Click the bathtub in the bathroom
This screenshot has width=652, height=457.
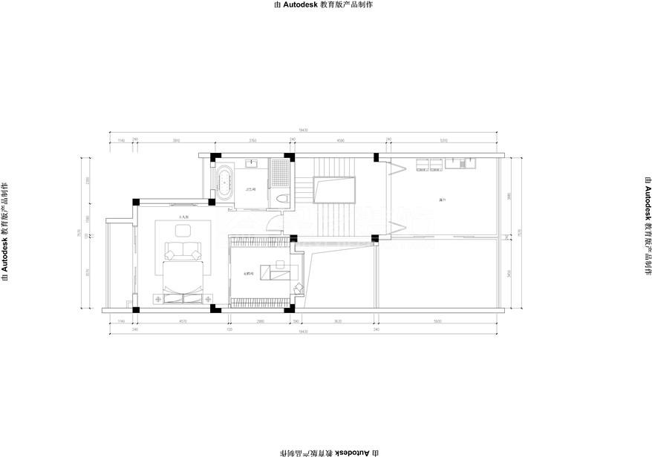pos(224,181)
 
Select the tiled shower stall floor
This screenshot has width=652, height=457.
pos(281,171)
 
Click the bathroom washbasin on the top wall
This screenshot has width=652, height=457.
pos(251,163)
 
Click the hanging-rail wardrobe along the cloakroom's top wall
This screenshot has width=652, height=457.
pos(257,241)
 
